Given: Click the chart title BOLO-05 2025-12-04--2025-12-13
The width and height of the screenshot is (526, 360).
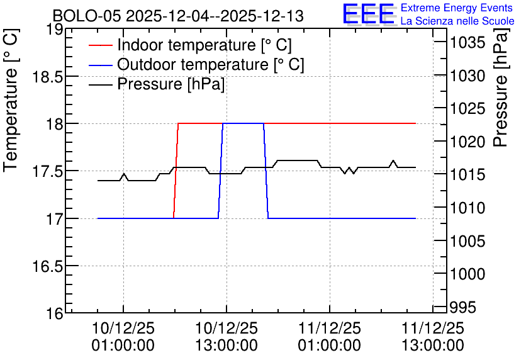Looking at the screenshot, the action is [x=178, y=16].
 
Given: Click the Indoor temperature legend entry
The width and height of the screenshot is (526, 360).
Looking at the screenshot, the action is [x=190, y=45].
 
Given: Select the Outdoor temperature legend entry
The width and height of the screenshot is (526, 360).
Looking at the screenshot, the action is [x=196, y=64].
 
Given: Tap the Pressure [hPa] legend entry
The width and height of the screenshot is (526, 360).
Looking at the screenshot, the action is [x=157, y=84].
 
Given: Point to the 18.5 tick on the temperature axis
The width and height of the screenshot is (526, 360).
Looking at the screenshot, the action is [x=47, y=77].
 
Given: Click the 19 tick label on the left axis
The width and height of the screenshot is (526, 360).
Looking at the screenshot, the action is [x=54, y=30].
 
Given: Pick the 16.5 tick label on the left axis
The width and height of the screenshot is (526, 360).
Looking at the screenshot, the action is [x=47, y=267].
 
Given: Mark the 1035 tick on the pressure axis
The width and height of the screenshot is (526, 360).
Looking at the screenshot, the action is [x=467, y=43].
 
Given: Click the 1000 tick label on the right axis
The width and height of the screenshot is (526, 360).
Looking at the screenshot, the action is [x=467, y=274].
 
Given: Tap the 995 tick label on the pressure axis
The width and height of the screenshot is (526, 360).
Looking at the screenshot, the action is [x=463, y=307].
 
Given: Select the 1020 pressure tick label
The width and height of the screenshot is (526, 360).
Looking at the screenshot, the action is [x=467, y=142].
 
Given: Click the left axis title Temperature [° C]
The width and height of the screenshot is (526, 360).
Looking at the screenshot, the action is [x=11, y=101].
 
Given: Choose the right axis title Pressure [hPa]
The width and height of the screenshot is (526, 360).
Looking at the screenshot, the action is [x=501, y=87].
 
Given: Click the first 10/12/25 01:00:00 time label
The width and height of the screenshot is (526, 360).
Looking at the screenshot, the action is [x=123, y=337].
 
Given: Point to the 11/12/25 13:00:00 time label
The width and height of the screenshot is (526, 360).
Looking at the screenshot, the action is [x=433, y=337].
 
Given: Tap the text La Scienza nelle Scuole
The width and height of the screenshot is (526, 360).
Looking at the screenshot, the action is [x=457, y=21].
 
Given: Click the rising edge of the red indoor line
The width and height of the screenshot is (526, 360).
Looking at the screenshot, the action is [x=176, y=171].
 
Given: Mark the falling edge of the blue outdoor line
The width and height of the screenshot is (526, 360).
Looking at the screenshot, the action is [x=266, y=171].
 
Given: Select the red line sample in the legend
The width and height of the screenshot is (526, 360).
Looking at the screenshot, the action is [x=100, y=45].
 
